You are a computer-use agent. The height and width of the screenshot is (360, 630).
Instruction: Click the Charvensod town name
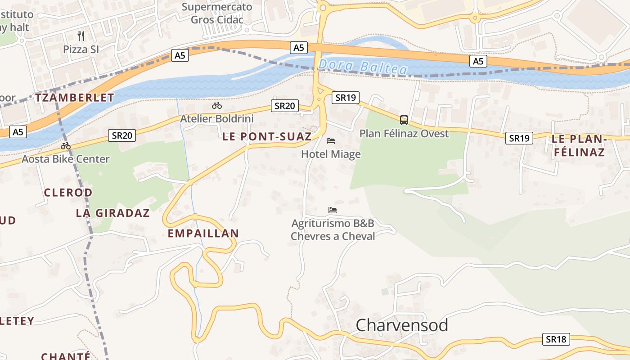click(x=402, y=325)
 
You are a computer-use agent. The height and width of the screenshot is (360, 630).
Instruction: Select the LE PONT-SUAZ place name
click(x=267, y=137)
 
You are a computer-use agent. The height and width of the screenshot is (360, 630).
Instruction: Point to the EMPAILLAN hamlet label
click(x=203, y=234)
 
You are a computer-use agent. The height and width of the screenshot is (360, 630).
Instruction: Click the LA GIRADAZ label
click(x=112, y=213)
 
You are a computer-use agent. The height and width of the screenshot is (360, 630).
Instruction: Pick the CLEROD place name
click(x=68, y=193)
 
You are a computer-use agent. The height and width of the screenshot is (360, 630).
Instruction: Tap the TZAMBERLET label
click(x=75, y=98)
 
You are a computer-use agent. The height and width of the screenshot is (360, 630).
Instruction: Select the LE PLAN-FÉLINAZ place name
click(x=579, y=146)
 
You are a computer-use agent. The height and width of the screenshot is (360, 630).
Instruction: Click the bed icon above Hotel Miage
click(x=331, y=141)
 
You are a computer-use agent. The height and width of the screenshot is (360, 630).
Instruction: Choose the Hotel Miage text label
click(x=331, y=154)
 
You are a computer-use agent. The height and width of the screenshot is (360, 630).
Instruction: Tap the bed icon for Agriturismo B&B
click(x=333, y=210)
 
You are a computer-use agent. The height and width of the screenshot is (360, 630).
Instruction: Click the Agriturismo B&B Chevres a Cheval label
click(x=333, y=229)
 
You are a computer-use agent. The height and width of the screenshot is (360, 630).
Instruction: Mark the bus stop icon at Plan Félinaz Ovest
click(x=404, y=120)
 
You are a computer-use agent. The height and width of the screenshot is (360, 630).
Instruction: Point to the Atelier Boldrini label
click(x=217, y=119)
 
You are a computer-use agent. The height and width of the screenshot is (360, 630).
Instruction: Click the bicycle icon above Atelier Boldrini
click(x=217, y=106)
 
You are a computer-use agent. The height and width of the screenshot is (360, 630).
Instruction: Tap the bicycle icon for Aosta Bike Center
click(x=66, y=146)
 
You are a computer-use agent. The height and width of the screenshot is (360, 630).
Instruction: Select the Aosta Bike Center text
click(x=66, y=159)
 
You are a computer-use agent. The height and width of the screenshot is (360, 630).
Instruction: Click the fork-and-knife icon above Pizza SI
click(x=81, y=36)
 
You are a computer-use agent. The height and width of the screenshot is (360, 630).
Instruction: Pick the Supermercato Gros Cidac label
click(x=217, y=13)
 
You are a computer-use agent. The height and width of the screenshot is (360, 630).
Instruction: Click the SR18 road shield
click(x=556, y=339)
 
